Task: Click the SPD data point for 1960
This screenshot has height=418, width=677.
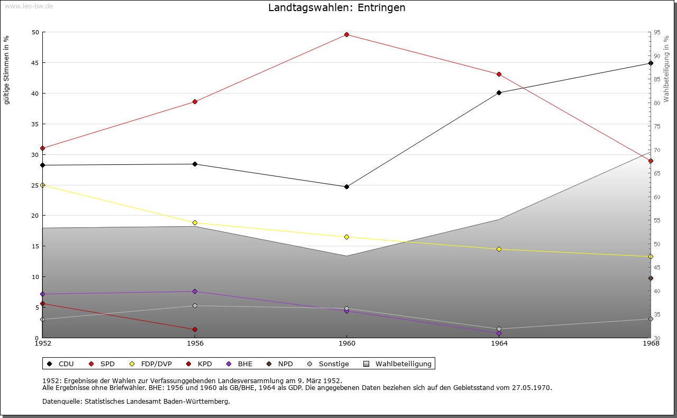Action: pos(346,35)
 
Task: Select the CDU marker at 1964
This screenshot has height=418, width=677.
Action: pos(499,93)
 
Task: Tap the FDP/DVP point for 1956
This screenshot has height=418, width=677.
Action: pos(195,223)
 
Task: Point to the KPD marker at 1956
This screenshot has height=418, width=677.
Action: pos(195,330)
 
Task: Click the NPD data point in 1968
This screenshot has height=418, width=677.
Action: pos(651,278)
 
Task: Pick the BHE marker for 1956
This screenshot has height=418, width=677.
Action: pos(195,292)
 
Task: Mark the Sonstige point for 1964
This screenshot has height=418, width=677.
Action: pos(499,329)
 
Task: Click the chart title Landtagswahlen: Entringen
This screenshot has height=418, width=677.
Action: pos(337,8)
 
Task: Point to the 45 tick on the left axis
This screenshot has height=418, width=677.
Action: pos(35,63)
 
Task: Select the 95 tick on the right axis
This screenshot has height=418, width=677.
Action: pos(656,32)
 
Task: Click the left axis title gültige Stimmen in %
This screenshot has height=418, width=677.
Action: pos(7,70)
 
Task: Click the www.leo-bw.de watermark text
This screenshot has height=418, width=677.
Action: pos(28,5)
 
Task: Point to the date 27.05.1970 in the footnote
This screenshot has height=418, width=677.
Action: pos(531,388)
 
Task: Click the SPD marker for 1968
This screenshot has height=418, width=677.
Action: pos(651,161)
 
